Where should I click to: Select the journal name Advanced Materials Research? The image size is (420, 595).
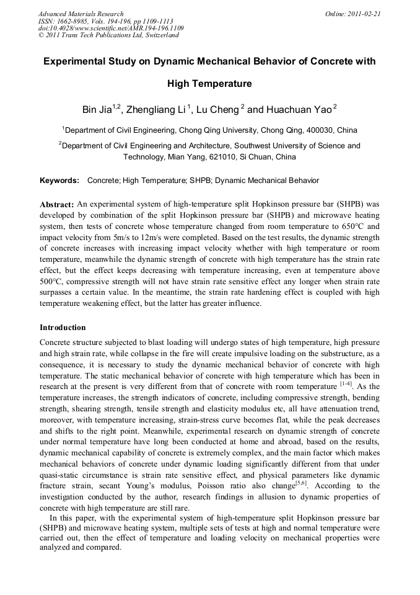coord(81,13)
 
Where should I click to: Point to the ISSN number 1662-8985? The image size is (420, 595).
coord(70,20)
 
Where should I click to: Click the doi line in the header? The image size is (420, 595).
coord(111,28)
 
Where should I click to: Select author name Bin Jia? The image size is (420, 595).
coord(97,110)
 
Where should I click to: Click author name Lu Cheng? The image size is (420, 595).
coord(217,110)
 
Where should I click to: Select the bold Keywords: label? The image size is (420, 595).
coord(59,181)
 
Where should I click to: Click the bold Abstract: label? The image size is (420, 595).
coord(57,204)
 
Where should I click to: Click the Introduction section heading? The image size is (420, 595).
coord(63,328)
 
